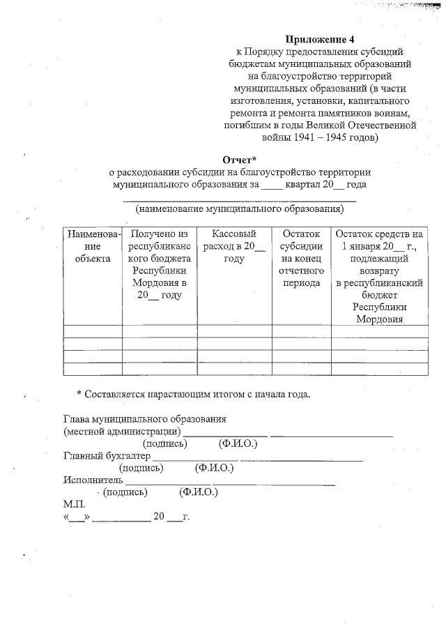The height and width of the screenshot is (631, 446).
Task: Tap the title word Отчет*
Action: [x=240, y=159]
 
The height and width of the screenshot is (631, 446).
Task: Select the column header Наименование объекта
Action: [x=92, y=246]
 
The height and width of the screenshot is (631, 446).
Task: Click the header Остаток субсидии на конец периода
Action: [x=301, y=259]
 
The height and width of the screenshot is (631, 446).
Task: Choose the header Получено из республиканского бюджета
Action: [x=160, y=264]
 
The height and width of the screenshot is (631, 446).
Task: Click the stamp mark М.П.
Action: [x=73, y=503]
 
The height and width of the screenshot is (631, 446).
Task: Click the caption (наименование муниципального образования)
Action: [x=240, y=208]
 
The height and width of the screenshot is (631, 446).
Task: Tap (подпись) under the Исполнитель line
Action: [x=125, y=492]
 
